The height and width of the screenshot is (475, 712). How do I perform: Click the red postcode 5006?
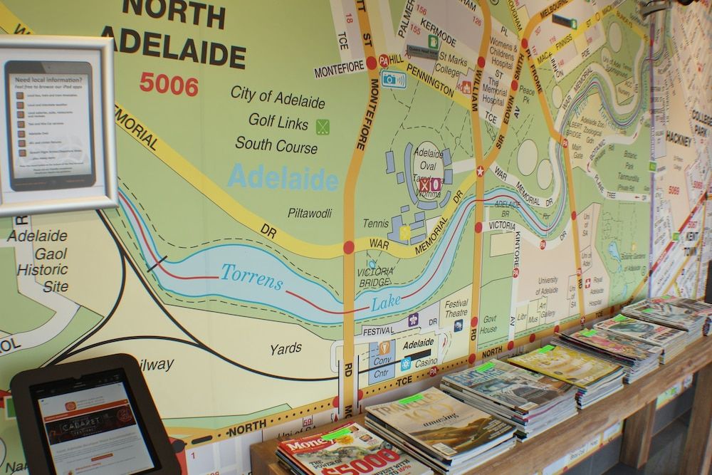click(169, 85)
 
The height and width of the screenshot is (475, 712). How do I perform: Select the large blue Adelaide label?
click(283, 176)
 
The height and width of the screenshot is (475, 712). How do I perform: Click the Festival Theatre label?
click(456, 308)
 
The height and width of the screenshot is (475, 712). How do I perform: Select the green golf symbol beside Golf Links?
click(323, 126)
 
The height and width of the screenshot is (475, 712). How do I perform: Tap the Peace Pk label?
click(527, 96)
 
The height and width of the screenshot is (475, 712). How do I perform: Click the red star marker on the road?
click(480, 170)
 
